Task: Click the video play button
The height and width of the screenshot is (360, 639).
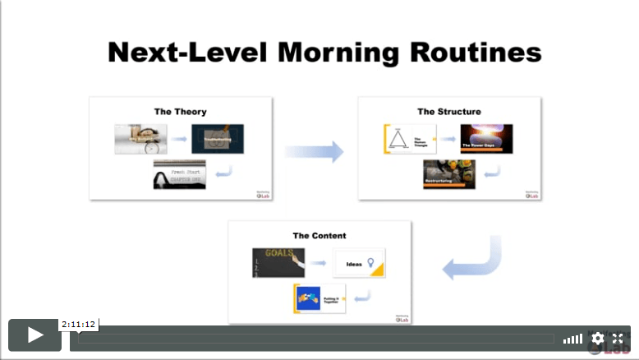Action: coord(35,335)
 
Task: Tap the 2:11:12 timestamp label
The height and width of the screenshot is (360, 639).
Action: coord(80,324)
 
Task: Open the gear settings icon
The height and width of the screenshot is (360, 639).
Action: coord(597,338)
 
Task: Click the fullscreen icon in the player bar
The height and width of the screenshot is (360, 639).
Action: coord(618,338)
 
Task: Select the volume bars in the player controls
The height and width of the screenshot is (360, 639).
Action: coord(572,339)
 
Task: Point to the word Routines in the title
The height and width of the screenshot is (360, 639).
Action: coord(478,53)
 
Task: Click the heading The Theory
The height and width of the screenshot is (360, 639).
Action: coord(180,111)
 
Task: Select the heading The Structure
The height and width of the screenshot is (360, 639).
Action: coord(448,111)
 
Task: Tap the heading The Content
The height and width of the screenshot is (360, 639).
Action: coord(319,235)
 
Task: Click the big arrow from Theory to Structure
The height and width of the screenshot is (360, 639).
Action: coord(314,151)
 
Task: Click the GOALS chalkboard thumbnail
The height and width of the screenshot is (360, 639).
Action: coord(278,262)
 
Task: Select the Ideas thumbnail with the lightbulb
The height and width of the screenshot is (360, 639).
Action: coord(359,263)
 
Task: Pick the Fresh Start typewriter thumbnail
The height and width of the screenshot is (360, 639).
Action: coord(179,174)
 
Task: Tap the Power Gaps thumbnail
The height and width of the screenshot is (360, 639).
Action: coord(486,139)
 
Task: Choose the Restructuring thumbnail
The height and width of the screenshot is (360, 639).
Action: coord(449,173)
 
